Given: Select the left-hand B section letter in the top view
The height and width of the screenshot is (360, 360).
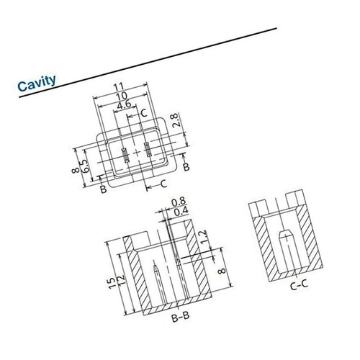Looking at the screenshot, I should pyautogui.click(x=103, y=189).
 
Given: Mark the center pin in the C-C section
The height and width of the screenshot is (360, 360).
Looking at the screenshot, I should pyautogui.click(x=284, y=253).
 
